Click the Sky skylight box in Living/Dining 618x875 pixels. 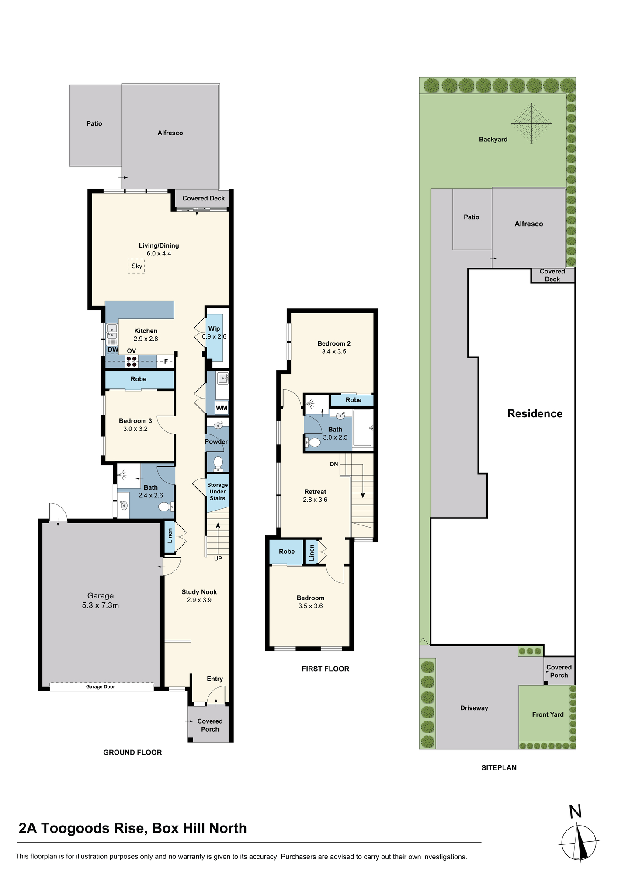tap(136, 266)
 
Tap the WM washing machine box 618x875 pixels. tap(222, 408)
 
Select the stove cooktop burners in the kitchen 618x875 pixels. tap(132, 361)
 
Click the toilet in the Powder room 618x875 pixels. tap(218, 463)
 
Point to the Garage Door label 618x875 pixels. tap(101, 686)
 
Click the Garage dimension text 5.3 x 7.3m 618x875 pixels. tap(101, 605)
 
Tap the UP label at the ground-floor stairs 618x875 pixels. tap(218, 559)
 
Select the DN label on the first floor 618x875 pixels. tap(334, 464)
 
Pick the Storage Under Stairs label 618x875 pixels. tap(218, 492)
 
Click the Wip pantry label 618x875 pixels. tap(214, 329)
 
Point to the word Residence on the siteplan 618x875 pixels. tap(535, 414)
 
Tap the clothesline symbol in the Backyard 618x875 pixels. tap(531, 123)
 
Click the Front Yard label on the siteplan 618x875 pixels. tap(548, 714)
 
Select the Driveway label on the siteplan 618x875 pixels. tap(474, 708)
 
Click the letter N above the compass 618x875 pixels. tap(576, 812)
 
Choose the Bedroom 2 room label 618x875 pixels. tap(334, 344)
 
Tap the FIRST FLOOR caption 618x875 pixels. tap(326, 668)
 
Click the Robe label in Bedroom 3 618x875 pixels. tap(139, 379)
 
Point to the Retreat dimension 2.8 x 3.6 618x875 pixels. tap(315, 500)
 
